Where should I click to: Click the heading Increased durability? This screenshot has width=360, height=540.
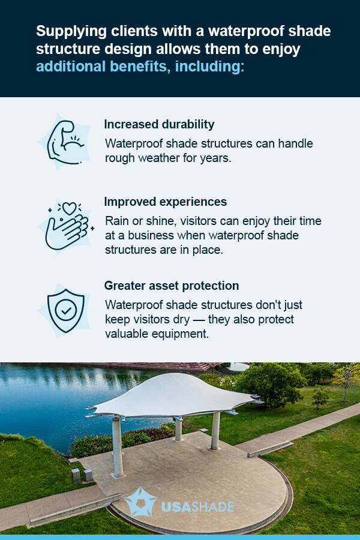[x=159, y=124]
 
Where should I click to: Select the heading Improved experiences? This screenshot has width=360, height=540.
[x=166, y=202]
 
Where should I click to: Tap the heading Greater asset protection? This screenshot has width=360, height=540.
[x=172, y=286]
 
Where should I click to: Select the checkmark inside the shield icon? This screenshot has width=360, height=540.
[x=65, y=310]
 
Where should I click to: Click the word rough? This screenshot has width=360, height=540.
[x=119, y=158]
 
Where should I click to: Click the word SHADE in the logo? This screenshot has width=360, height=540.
[x=211, y=507]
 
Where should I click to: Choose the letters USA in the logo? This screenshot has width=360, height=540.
[x=174, y=507]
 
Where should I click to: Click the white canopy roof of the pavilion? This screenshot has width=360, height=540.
[x=174, y=396]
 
